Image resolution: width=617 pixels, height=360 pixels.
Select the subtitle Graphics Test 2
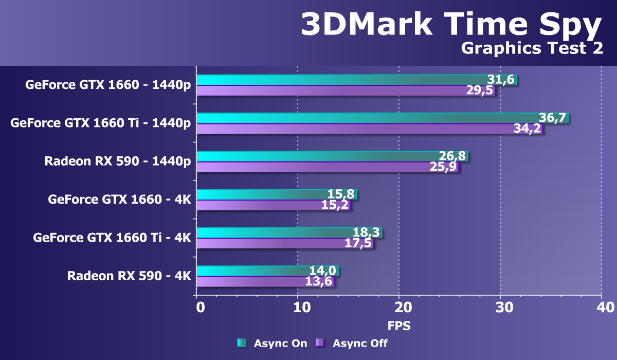point(532,48)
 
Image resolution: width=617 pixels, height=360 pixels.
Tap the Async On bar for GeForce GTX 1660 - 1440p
point(339,80)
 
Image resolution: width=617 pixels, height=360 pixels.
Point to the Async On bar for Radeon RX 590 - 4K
point(257,271)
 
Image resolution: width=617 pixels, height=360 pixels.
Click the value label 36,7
point(552,118)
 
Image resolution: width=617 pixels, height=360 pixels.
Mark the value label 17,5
point(358,243)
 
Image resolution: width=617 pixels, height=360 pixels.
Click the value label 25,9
point(443,167)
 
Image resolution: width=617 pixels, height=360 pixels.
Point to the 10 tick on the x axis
point(302,308)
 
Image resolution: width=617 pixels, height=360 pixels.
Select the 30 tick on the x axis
point(504,308)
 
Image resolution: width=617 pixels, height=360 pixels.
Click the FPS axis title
point(399,326)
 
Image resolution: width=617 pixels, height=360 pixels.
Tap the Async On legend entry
point(273,343)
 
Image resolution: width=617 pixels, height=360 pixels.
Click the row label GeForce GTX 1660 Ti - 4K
point(112,238)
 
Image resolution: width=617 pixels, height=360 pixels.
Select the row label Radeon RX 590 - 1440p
point(118,161)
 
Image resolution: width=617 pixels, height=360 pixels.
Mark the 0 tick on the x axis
point(201,308)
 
